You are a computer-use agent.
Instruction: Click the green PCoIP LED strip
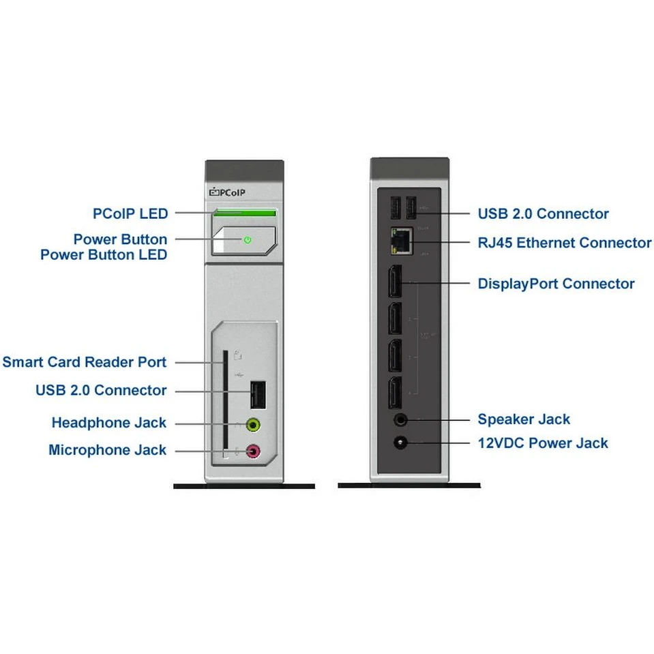pyautogui.click(x=246, y=213)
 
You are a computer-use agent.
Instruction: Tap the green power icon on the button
pyautogui.click(x=248, y=240)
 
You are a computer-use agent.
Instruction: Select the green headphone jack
pyautogui.click(x=253, y=425)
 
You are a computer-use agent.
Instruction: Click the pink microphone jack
pyautogui.click(x=253, y=450)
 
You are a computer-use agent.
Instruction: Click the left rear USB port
pyautogui.click(x=396, y=207)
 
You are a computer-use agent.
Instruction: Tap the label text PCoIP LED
pyautogui.click(x=130, y=213)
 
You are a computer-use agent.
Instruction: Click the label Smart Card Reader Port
pyautogui.click(x=85, y=361)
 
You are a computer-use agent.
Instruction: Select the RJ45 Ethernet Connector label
pyautogui.click(x=565, y=243)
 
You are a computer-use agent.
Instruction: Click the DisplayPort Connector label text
pyautogui.click(x=556, y=284)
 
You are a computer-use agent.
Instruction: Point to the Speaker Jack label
pyautogui.click(x=524, y=419)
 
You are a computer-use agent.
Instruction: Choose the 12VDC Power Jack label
pyautogui.click(x=543, y=443)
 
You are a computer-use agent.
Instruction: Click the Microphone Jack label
pyautogui.click(x=108, y=450)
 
